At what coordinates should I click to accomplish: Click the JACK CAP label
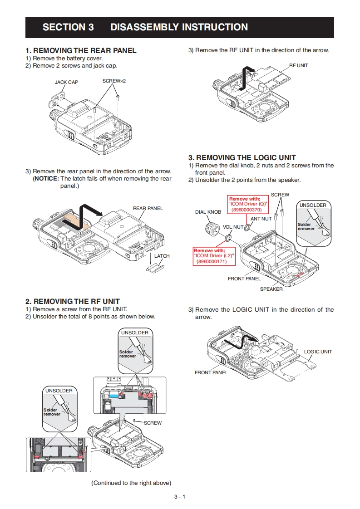66,83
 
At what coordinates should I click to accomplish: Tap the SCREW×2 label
114,81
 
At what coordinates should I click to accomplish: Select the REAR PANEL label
148,208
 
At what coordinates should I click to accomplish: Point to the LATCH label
162,256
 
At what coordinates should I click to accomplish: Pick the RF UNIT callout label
298,65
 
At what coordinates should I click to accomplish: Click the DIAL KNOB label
208,212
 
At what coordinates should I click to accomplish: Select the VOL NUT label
233,227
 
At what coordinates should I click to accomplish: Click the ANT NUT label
261,219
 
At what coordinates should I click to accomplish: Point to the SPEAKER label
271,289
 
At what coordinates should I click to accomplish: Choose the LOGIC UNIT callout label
318,352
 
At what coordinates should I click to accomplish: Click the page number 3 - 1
180,497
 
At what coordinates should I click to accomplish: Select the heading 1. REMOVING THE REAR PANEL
81,51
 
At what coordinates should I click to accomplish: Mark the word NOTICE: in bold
46,179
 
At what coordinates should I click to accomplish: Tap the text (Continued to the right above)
131,483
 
